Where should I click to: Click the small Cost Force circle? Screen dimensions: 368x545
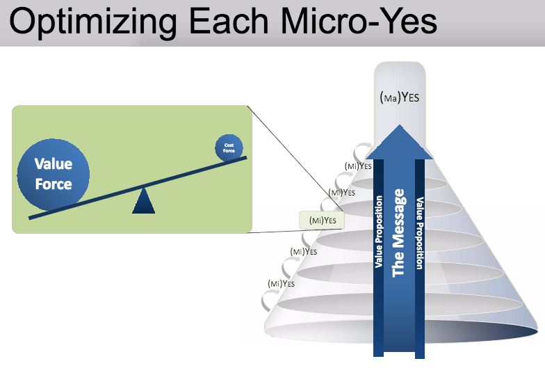229,147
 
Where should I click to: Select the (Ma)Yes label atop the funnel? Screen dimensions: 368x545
399,98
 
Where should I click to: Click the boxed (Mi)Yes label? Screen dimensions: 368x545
323,221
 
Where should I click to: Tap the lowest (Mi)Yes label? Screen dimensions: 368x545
281,283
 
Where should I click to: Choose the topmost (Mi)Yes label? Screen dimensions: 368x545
358,166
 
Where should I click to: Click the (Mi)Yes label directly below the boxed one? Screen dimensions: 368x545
303,251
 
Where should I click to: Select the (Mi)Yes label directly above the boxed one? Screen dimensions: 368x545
341,192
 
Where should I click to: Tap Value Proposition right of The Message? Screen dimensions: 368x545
419,232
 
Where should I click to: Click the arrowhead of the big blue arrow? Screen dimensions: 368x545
399,143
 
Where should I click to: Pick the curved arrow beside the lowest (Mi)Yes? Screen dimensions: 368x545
268,301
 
